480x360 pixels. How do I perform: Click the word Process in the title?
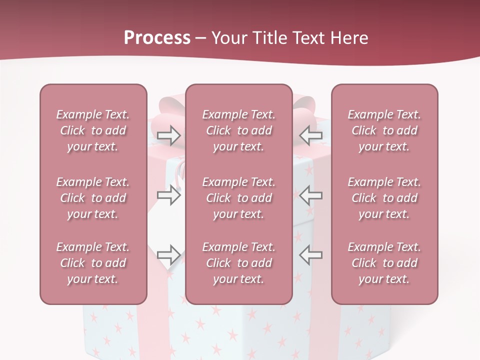pyautogui.click(x=157, y=38)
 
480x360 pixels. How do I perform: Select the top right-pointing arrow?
pyautogui.click(x=168, y=135)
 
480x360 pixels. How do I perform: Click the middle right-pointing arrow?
pyautogui.click(x=168, y=195)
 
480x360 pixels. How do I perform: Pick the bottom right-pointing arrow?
pyautogui.click(x=168, y=254)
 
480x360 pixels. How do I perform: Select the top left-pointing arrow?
pyautogui.click(x=310, y=135)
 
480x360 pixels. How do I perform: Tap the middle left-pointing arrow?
pyautogui.click(x=310, y=195)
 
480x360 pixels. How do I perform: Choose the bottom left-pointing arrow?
pyautogui.click(x=310, y=254)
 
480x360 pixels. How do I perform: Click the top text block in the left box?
pyautogui.click(x=93, y=130)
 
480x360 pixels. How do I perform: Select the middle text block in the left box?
pyautogui.click(x=93, y=198)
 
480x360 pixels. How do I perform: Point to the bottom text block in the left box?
pyautogui.click(x=93, y=263)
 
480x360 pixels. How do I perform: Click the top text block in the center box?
pyautogui.click(x=239, y=130)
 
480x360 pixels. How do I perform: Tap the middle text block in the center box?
pyautogui.click(x=239, y=198)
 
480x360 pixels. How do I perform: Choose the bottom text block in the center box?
pyautogui.click(x=239, y=263)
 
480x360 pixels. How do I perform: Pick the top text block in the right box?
pyautogui.click(x=384, y=130)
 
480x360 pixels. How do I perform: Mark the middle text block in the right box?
pyautogui.click(x=384, y=198)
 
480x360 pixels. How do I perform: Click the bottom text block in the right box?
pyautogui.click(x=384, y=263)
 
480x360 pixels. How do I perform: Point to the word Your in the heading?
pyautogui.click(x=228, y=38)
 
